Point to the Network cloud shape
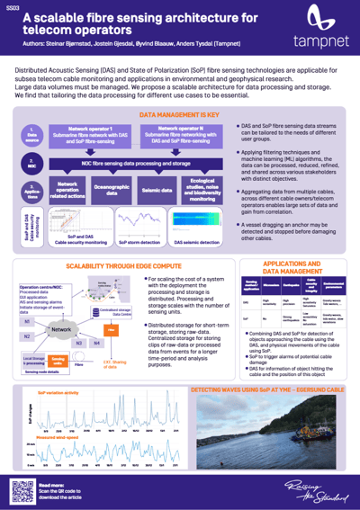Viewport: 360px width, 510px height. pyautogui.click(x=61, y=330)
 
